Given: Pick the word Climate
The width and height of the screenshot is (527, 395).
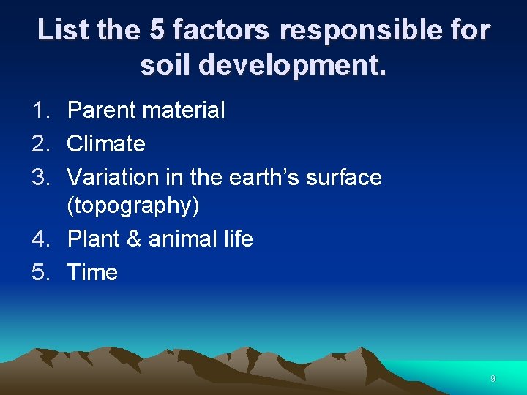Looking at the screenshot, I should click(x=106, y=143).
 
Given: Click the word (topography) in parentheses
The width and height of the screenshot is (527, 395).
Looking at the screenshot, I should click(x=132, y=206).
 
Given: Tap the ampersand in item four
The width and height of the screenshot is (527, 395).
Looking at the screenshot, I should click(x=134, y=238).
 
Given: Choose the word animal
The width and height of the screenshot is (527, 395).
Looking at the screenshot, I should click(x=184, y=238).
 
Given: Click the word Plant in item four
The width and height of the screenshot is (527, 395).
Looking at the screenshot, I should click(x=93, y=238).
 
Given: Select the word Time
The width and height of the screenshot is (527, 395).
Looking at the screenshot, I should click(x=92, y=272).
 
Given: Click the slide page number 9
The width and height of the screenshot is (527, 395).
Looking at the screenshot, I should click(x=493, y=379).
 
